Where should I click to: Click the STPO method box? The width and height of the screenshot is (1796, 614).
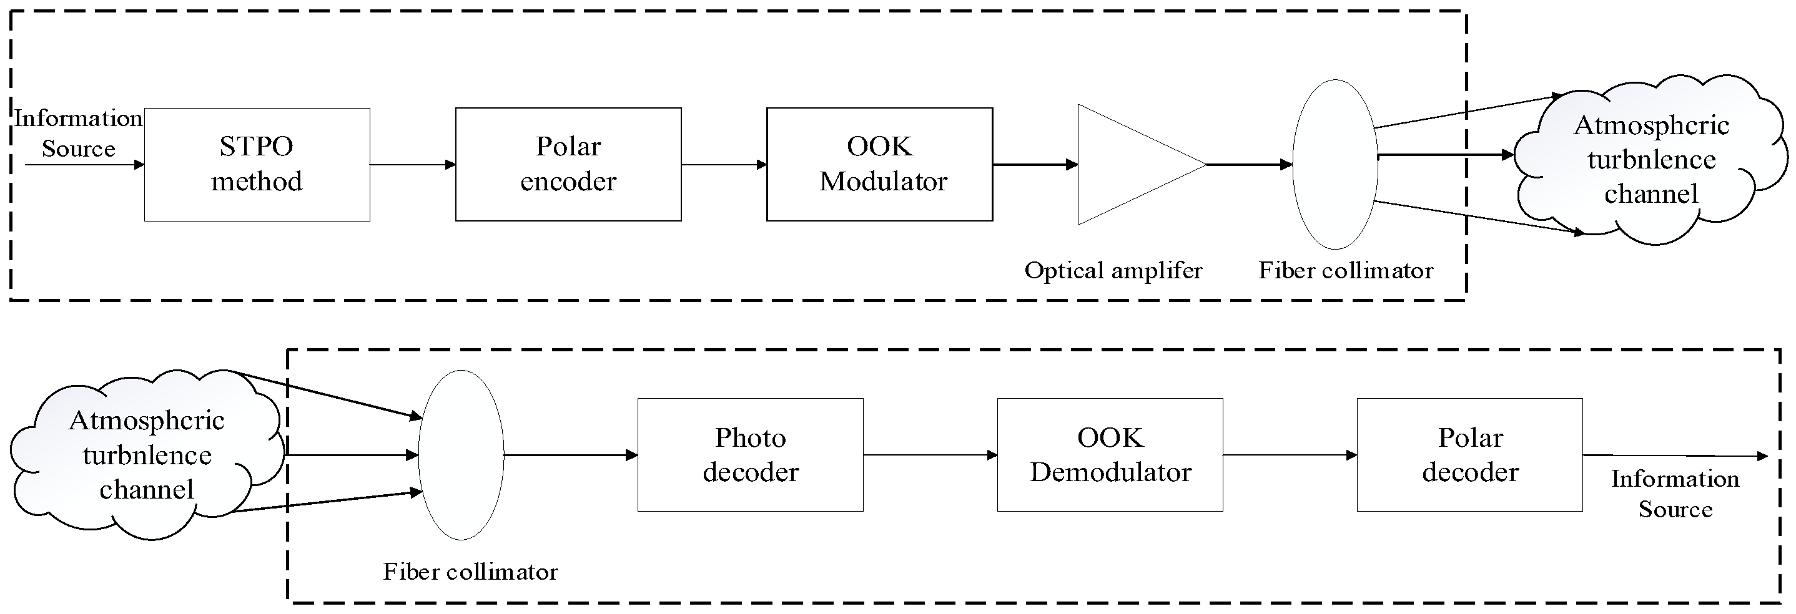click(257, 165)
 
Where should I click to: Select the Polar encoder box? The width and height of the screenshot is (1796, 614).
click(568, 165)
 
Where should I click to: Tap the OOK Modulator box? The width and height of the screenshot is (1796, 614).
click(879, 165)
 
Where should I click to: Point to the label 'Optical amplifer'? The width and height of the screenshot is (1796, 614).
click(1113, 270)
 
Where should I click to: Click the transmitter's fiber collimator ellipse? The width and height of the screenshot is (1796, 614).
click(1335, 165)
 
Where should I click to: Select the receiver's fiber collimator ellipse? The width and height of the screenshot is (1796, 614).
click(461, 454)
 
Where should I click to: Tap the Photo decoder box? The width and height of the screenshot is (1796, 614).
click(750, 454)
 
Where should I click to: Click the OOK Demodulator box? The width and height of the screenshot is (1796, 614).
click(1110, 454)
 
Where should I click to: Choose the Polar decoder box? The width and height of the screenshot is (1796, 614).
click(1469, 454)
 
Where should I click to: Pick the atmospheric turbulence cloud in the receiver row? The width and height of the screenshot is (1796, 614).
click(146, 454)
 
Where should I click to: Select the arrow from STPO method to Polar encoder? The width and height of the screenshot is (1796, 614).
click(413, 165)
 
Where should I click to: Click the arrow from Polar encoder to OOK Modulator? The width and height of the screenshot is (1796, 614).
click(724, 165)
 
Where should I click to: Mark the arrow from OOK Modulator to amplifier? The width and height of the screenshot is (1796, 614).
click(1035, 165)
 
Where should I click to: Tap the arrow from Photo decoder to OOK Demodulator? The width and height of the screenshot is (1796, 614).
click(930, 454)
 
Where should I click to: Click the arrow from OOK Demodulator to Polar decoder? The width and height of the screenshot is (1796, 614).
click(1290, 454)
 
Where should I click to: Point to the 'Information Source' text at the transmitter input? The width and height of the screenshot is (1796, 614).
click(78, 133)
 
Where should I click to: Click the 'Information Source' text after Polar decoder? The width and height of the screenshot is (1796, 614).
click(1675, 494)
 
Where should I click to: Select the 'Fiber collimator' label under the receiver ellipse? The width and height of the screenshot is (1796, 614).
click(471, 572)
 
